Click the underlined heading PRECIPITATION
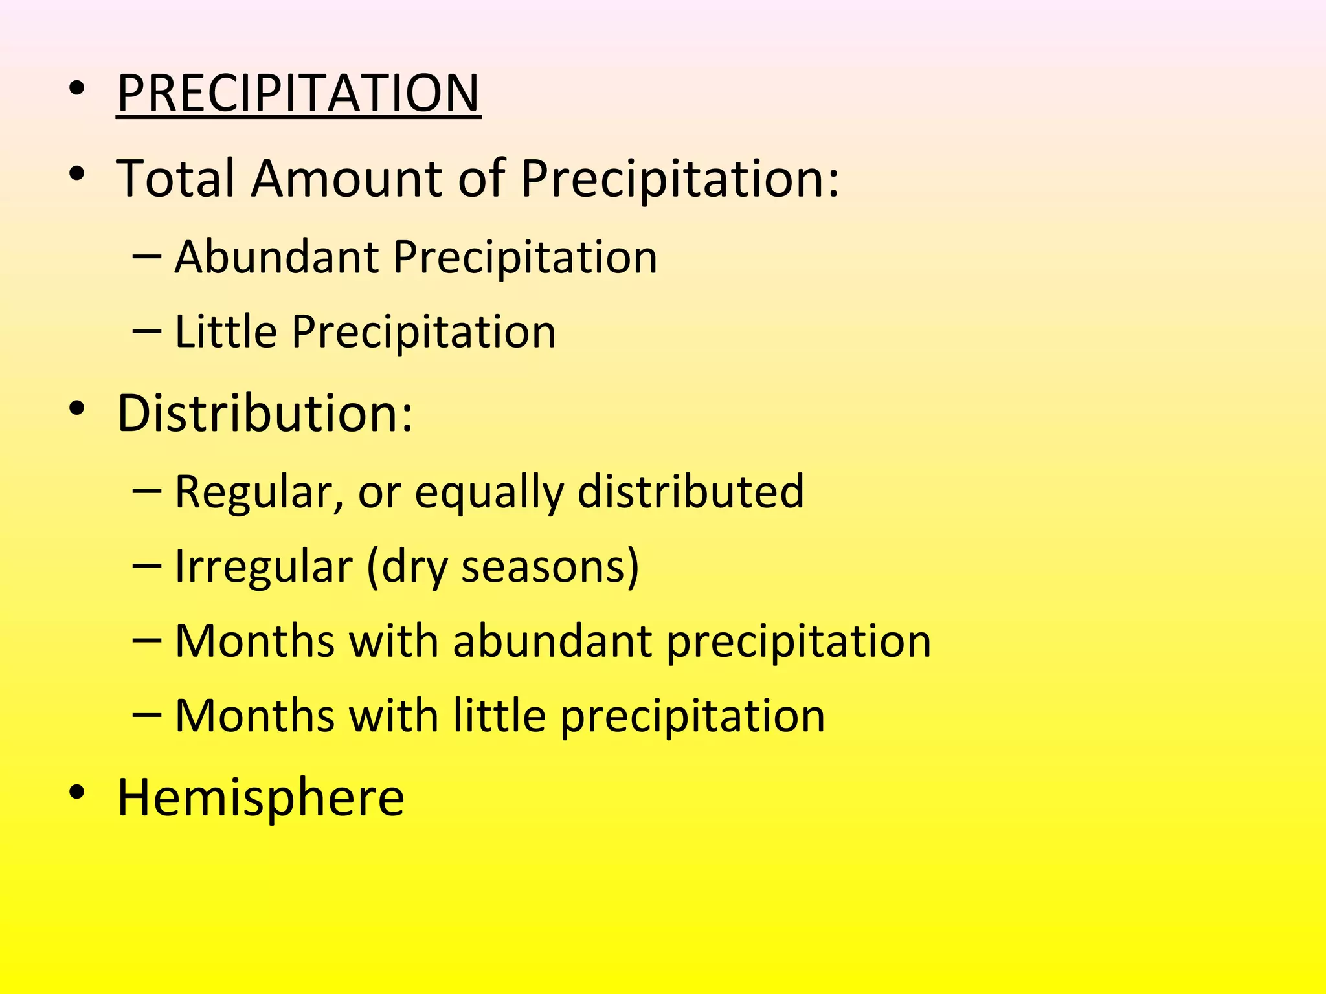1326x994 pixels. click(x=298, y=93)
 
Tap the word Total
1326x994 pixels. click(x=175, y=178)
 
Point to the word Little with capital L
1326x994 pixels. click(x=226, y=331)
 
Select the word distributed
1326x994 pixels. click(x=690, y=491)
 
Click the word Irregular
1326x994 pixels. click(x=264, y=567)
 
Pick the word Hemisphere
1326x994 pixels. click(x=260, y=797)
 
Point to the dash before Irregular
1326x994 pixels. click(x=146, y=566)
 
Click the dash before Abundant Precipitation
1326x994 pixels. click(x=146, y=257)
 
